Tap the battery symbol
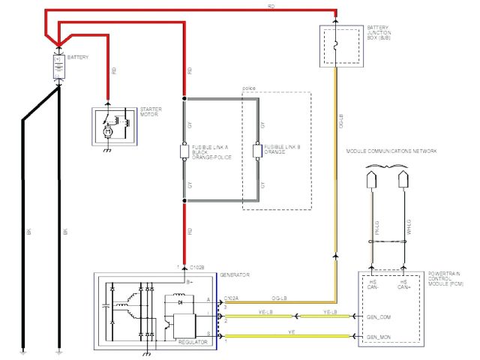pos(57,67)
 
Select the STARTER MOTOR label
pos(151,112)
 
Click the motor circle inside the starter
pos(107,132)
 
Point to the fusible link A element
pos(184,151)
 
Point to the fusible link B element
pos(256,151)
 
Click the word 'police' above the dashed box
pos(250,89)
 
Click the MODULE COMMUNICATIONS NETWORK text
pos(391,151)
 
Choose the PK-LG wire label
pos(374,236)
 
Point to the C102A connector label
pos(232,298)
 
